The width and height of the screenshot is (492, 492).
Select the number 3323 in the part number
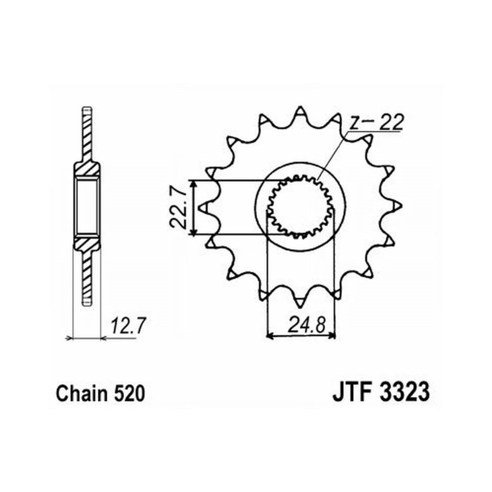click(x=404, y=392)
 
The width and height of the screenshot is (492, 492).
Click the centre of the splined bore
click(x=300, y=207)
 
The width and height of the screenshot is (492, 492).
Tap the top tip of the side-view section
click(x=87, y=107)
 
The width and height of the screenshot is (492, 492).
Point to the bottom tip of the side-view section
click(x=87, y=305)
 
